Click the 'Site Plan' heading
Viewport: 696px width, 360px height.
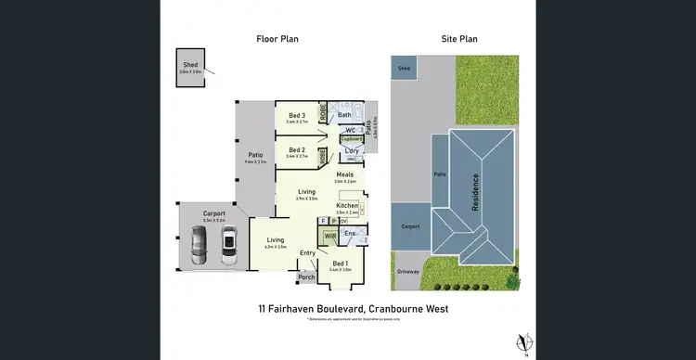click(x=459, y=39)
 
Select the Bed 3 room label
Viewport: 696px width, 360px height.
click(x=297, y=115)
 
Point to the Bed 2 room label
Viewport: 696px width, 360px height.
click(x=297, y=148)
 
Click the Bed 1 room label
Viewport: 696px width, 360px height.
click(x=340, y=264)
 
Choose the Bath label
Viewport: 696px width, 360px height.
click(x=344, y=115)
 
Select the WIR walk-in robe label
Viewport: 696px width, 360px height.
click(x=329, y=237)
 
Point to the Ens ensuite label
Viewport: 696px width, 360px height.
click(x=351, y=234)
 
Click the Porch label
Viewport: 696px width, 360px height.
click(x=305, y=276)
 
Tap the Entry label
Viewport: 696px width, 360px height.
click(x=308, y=252)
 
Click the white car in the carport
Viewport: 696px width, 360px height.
click(x=228, y=243)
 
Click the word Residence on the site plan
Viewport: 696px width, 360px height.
click(x=476, y=192)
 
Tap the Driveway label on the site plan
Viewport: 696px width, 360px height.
click(x=407, y=271)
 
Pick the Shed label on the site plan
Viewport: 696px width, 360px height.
click(x=404, y=69)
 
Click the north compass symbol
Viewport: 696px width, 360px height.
click(x=525, y=341)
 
